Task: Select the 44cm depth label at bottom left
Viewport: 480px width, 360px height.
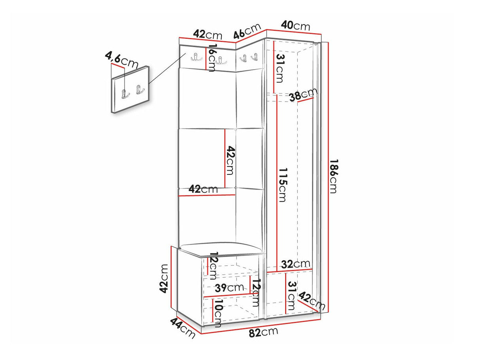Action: click(x=182, y=328)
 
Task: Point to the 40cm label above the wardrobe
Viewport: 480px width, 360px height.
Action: click(x=295, y=26)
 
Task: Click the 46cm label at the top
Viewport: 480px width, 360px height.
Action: click(x=247, y=31)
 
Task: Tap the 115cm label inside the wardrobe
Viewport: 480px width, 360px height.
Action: click(x=282, y=185)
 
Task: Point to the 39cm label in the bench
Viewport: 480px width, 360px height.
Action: click(x=229, y=288)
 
